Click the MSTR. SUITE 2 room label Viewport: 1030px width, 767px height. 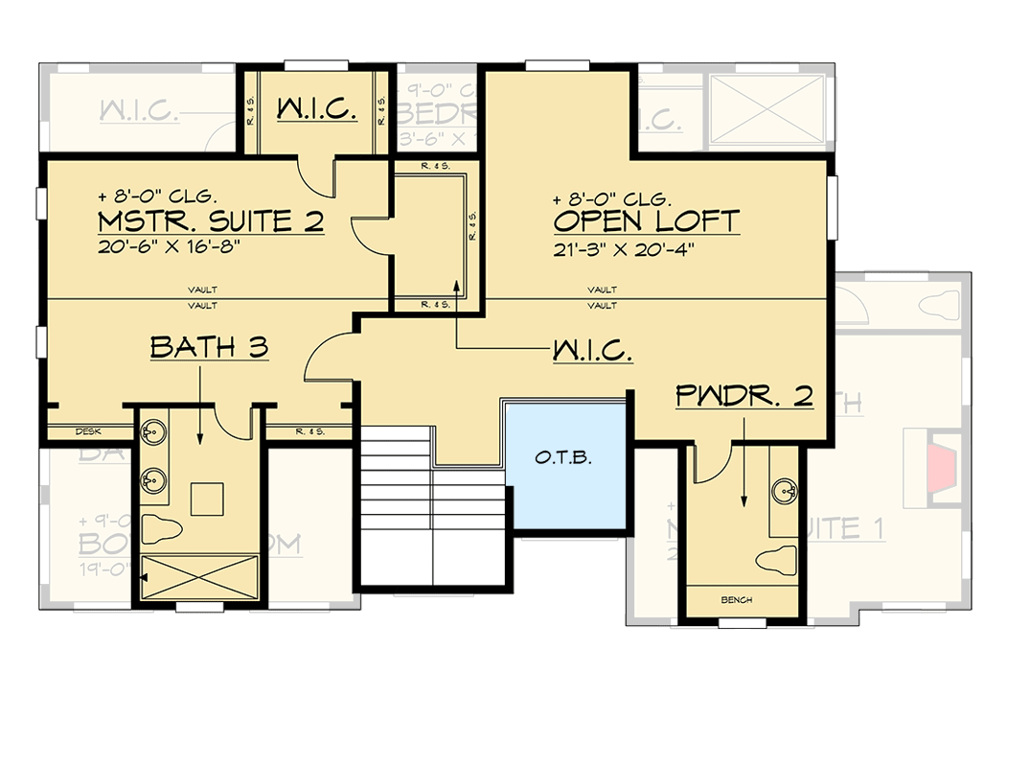(x=211, y=222)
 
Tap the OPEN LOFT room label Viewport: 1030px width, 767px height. (x=646, y=221)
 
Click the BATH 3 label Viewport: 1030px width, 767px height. (x=209, y=347)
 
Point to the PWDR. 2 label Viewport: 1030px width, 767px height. (x=744, y=396)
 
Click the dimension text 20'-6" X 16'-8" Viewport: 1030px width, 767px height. (x=168, y=245)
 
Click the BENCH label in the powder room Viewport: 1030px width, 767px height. (x=738, y=600)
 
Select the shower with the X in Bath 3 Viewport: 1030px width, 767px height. (x=199, y=577)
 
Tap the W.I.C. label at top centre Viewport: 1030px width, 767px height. (x=317, y=110)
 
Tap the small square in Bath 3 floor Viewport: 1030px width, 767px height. (x=208, y=498)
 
